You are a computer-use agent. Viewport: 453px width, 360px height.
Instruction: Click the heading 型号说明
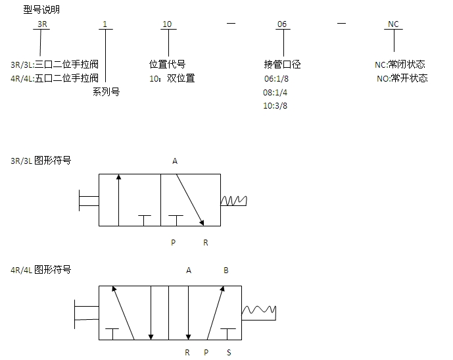(x=41, y=9)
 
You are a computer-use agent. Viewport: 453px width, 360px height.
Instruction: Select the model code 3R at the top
(x=42, y=24)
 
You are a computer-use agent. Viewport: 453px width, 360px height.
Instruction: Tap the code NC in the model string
(x=393, y=24)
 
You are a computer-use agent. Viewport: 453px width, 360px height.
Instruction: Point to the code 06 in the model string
(x=282, y=24)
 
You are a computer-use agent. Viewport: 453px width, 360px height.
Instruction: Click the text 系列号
(x=106, y=91)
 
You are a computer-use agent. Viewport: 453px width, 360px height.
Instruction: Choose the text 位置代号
(x=167, y=64)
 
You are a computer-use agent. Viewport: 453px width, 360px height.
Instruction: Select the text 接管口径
(x=282, y=64)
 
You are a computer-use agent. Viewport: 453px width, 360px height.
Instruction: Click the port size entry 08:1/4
(x=275, y=93)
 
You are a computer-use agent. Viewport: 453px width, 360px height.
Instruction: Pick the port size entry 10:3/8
(x=275, y=106)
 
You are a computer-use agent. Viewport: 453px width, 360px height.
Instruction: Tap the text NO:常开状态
(x=402, y=78)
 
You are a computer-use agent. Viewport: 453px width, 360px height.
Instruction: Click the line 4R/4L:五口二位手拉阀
(x=55, y=78)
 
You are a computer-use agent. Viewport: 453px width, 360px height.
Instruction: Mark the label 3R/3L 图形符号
(x=41, y=160)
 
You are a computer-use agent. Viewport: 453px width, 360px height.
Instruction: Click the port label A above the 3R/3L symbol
(x=175, y=161)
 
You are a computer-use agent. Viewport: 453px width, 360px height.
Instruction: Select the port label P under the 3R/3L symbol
(x=173, y=243)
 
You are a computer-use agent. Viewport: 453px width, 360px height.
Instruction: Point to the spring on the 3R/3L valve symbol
(x=233, y=201)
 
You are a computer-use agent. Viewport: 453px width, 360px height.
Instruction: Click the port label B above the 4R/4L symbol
(x=226, y=270)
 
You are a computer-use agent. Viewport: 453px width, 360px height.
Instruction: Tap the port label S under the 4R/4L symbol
(x=229, y=353)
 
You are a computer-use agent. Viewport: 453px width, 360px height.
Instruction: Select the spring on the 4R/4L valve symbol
(x=259, y=313)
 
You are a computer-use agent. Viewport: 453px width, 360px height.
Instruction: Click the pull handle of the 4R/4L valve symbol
(x=86, y=313)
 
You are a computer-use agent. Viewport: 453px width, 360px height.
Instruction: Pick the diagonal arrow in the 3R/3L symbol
(x=190, y=200)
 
